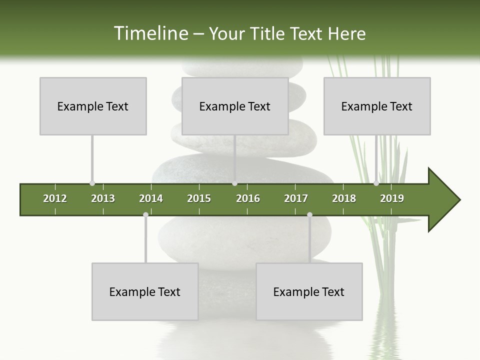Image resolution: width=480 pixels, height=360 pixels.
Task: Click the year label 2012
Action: click(55, 198)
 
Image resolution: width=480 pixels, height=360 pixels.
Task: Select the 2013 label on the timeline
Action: click(103, 198)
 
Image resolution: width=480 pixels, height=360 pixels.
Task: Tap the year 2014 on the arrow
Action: click(151, 198)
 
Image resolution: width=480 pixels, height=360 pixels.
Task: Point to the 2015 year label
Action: click(199, 198)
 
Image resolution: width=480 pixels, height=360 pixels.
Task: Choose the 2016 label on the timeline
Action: click(248, 198)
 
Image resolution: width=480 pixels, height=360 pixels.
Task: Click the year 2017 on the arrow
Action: click(296, 198)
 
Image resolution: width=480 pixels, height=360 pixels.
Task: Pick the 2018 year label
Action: click(344, 198)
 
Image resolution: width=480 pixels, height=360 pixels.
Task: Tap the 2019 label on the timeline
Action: click(392, 198)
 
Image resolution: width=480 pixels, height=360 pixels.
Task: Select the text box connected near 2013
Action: click(93, 106)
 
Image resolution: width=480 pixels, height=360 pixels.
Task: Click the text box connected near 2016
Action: click(235, 106)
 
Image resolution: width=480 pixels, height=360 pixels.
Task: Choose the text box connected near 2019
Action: click(377, 106)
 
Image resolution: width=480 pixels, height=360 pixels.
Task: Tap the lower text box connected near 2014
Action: click(145, 291)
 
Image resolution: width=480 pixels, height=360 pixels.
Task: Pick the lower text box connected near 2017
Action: click(309, 291)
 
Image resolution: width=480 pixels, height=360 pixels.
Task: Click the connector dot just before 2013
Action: click(92, 183)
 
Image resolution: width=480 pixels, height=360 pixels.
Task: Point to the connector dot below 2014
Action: click(145, 214)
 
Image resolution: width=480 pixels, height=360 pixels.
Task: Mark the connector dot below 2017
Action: click(309, 214)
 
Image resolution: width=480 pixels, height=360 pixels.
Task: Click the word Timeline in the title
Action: click(150, 33)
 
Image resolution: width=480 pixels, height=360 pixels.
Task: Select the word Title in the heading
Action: click(268, 33)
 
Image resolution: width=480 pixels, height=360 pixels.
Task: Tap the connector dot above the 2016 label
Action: click(234, 183)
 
